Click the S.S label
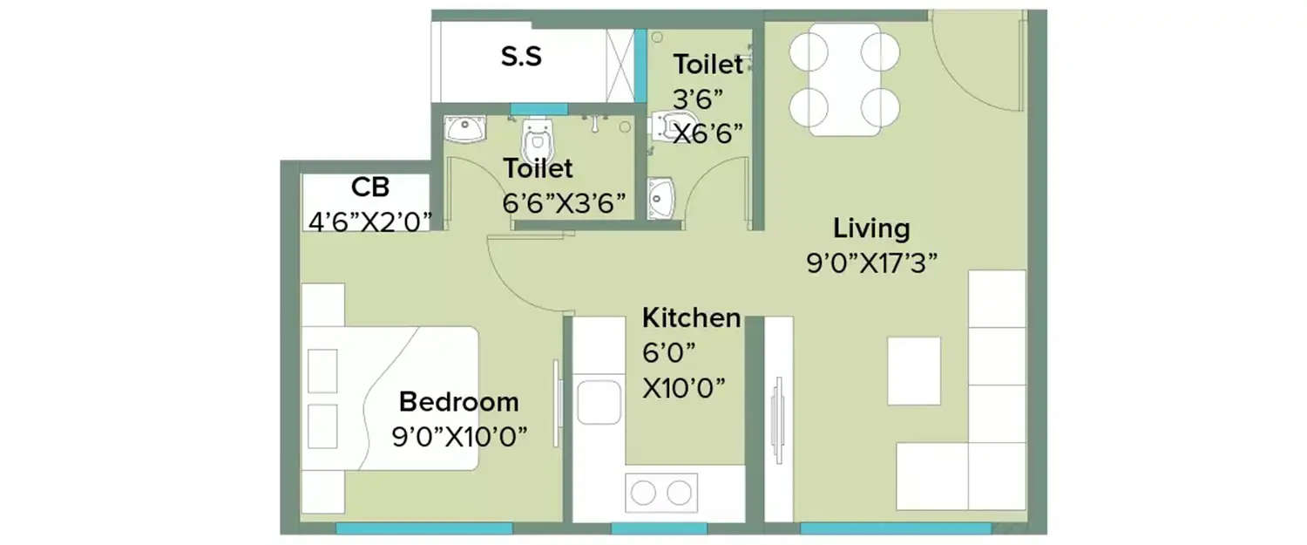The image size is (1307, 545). pos(521,57)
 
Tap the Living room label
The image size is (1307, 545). pos(871,229)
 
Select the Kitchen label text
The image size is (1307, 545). pos(691,318)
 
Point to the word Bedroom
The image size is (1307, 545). pos(458,402)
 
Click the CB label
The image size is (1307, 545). pos(370,187)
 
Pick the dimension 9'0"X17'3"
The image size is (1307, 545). pos(871,263)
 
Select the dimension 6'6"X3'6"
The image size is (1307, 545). pos(564,203)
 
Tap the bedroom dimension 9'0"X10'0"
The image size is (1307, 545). pos(459,436)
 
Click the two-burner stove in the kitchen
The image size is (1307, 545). pos(660,493)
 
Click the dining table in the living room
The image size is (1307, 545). pos(843,79)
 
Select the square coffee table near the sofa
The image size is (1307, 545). pos(914,370)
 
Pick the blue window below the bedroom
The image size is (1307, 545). pos(423,528)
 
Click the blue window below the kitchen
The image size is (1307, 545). pos(659,528)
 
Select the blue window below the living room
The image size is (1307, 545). pos(895,528)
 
